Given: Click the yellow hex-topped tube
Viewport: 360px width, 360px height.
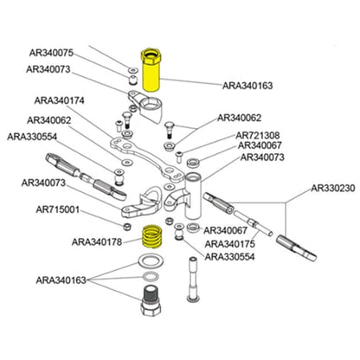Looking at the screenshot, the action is pyautogui.click(x=151, y=70).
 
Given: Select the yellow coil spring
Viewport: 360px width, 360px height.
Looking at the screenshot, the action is pyautogui.click(x=151, y=236).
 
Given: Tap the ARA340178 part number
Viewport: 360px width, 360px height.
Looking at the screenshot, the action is pyautogui.click(x=97, y=241).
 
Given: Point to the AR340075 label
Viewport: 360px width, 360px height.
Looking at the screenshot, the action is pyautogui.click(x=51, y=53).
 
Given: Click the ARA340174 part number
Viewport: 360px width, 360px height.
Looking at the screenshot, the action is pyautogui.click(x=60, y=100).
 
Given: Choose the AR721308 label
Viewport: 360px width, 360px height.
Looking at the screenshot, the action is pyautogui.click(x=258, y=136).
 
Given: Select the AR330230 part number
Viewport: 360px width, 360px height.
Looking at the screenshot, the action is pyautogui.click(x=333, y=189).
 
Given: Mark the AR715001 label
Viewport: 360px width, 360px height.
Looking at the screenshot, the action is pyautogui.click(x=58, y=209).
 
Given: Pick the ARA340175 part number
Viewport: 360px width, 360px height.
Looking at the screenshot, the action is pyautogui.click(x=230, y=244).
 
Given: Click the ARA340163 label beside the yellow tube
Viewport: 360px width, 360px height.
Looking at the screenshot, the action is pyautogui.click(x=247, y=86).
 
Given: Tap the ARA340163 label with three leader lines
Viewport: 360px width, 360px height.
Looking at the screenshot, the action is pyautogui.click(x=61, y=280).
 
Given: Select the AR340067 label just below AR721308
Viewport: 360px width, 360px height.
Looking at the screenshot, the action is pyautogui.click(x=260, y=145).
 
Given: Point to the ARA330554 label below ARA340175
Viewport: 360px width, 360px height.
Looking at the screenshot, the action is pyautogui.click(x=230, y=257).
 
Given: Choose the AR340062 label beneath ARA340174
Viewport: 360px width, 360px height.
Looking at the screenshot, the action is pyautogui.click(x=48, y=120).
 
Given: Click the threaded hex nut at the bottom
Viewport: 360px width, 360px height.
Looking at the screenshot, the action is pyautogui.click(x=151, y=301).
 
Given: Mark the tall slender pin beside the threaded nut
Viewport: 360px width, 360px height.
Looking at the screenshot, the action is pyautogui.click(x=193, y=279).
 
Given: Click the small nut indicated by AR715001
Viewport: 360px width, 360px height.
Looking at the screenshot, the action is pyautogui.click(x=126, y=227).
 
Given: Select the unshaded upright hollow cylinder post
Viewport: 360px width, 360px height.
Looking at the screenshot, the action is pyautogui.click(x=193, y=196).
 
